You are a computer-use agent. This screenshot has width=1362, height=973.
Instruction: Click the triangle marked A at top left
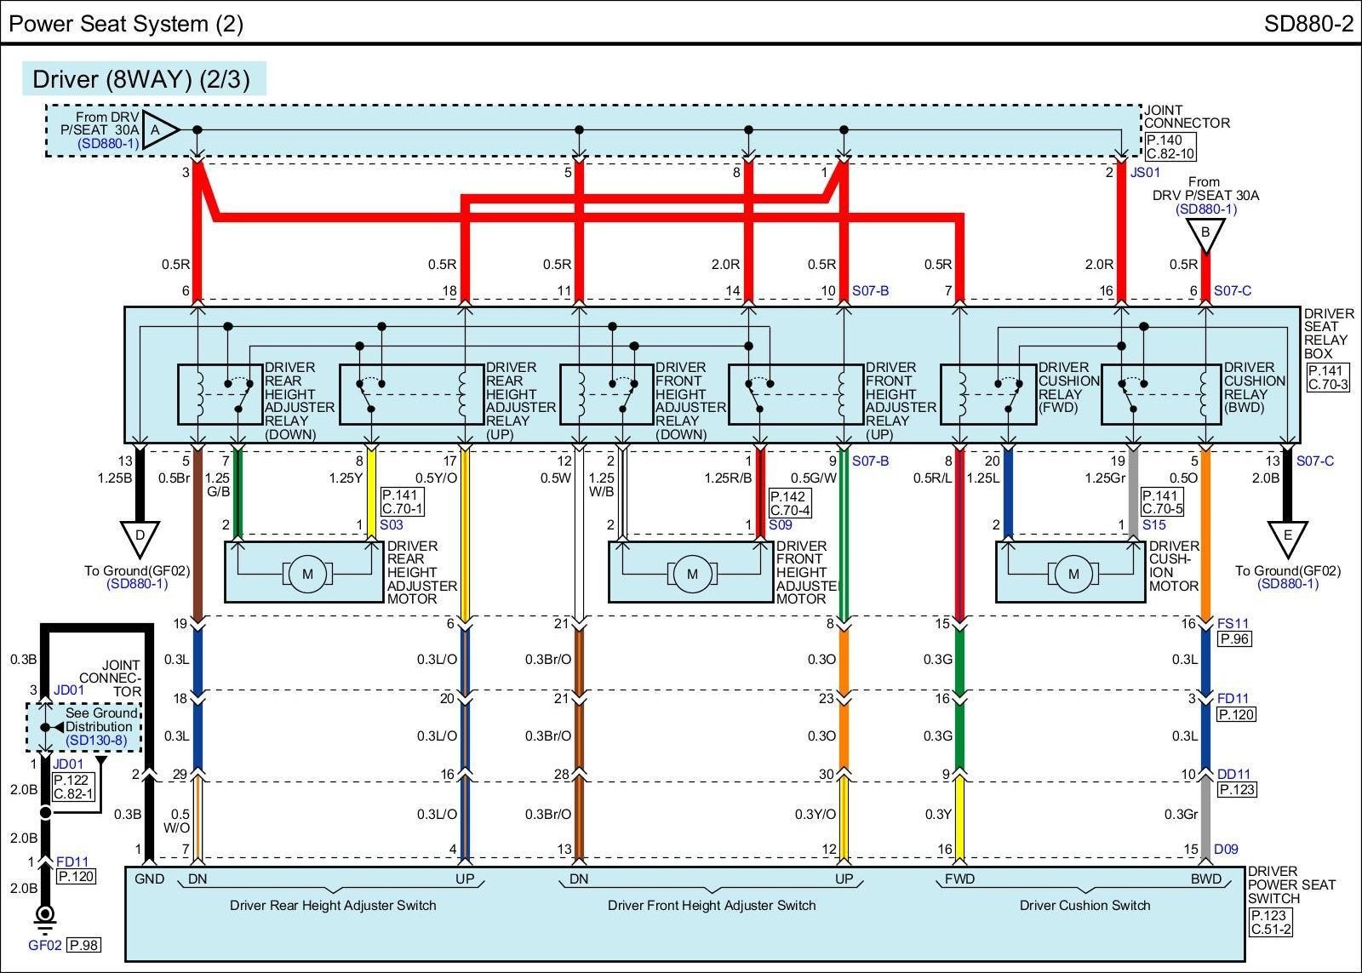[x=157, y=130]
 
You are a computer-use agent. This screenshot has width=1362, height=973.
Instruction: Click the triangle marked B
[x=1205, y=234]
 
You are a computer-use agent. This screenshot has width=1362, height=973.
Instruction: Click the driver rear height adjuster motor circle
[x=307, y=574]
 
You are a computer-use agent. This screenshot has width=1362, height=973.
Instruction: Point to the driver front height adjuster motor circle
[x=692, y=574]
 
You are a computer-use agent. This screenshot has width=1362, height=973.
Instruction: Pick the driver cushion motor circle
[x=1073, y=574]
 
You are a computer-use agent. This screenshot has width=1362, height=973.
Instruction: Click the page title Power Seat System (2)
[x=126, y=23]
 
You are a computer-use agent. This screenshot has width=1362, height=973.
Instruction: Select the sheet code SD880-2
[x=1308, y=23]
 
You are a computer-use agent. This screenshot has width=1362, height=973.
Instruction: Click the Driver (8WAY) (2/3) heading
[x=141, y=79]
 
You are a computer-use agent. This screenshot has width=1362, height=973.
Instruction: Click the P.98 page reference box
[x=83, y=945]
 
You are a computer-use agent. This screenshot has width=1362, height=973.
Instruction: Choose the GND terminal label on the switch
[x=149, y=879]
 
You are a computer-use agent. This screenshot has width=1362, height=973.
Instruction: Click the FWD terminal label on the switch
[x=959, y=879]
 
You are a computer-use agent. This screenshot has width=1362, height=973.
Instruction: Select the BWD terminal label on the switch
[x=1205, y=879]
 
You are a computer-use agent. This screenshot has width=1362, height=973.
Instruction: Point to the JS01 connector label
[x=1146, y=172]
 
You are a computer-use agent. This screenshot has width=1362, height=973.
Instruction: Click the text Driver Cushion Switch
[x=1084, y=906]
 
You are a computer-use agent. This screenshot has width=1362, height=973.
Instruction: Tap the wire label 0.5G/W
[x=814, y=478]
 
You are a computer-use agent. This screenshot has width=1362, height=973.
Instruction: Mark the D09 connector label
[x=1226, y=849]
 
